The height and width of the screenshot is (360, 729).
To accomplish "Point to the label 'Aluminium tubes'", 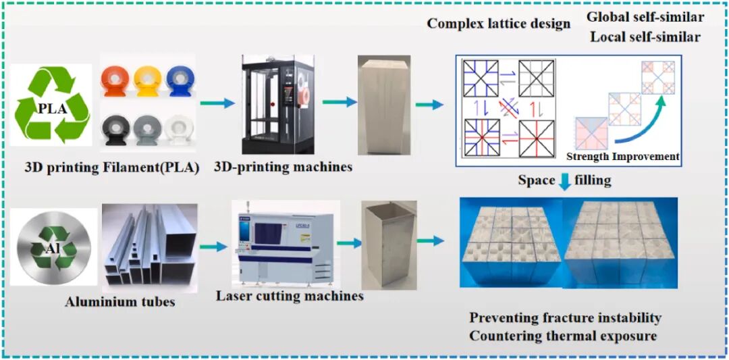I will pyautogui.click(x=119, y=301).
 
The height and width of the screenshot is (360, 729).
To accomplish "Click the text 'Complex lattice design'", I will pyautogui.click(x=498, y=24).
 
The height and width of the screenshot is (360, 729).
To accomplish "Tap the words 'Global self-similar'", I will pyautogui.click(x=644, y=17).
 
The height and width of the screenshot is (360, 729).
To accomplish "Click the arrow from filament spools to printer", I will pyautogui.click(x=222, y=103).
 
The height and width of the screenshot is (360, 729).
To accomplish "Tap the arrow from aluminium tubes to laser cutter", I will pyautogui.click(x=213, y=247).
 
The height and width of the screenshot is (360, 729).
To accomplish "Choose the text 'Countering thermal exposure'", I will pyautogui.click(x=563, y=336).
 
